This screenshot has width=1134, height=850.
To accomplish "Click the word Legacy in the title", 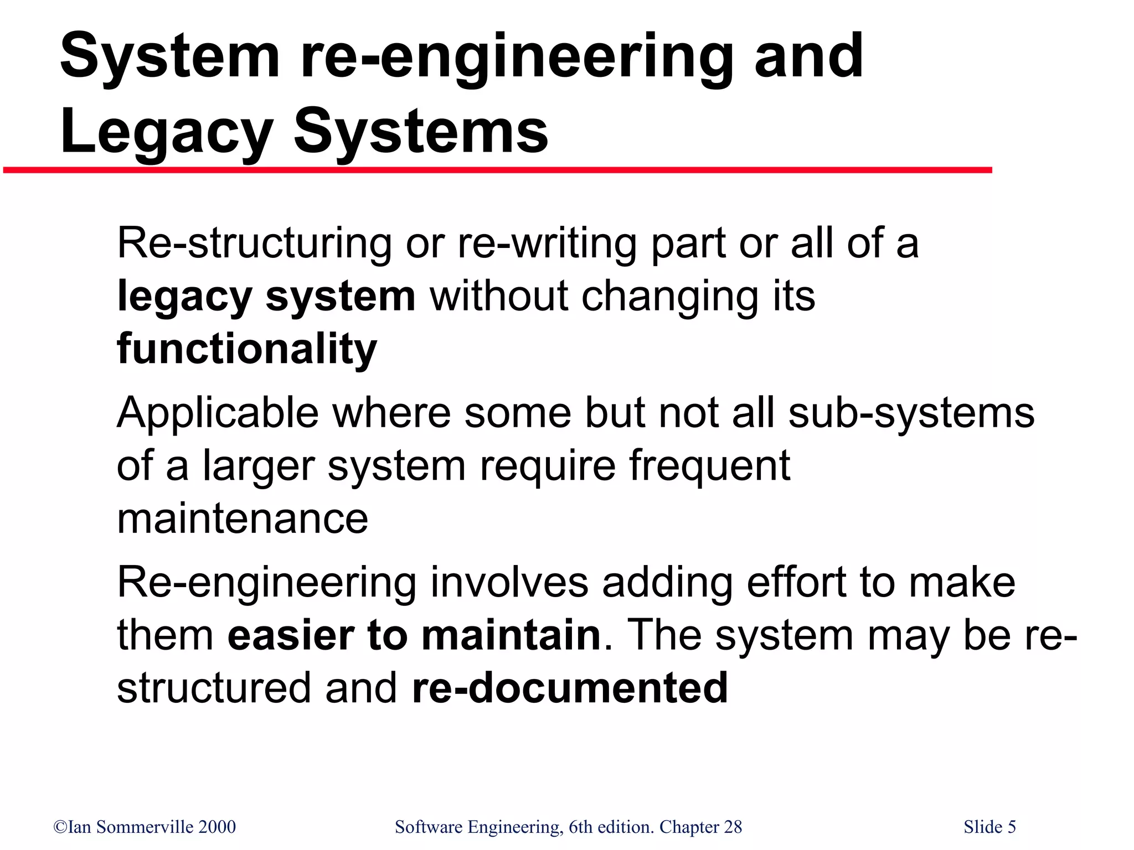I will pyautogui.click(x=166, y=133).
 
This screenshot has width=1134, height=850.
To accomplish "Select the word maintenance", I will pyautogui.click(x=243, y=519).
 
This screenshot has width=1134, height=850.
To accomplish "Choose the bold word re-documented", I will pyautogui.click(x=570, y=688).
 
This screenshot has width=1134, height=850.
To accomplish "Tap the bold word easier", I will pyautogui.click(x=290, y=635).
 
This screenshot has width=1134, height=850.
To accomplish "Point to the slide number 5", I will pyautogui.click(x=1011, y=827).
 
